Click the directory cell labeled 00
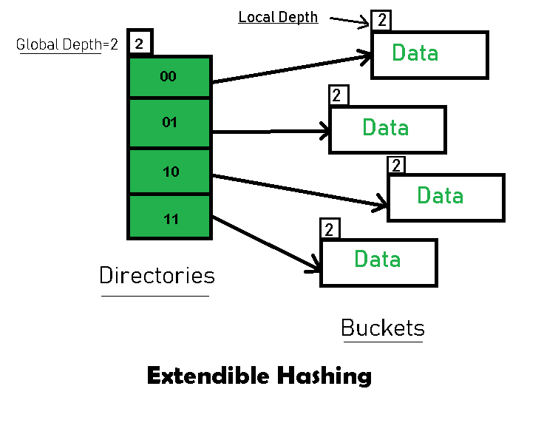coord(169,76)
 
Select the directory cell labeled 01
coord(169,123)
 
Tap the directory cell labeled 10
coord(169,172)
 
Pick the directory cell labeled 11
coord(169,218)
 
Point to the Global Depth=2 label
coord(67,44)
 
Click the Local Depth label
coord(278,17)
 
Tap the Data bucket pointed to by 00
coord(429,54)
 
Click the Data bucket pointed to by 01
coord(387,129)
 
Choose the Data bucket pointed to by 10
coord(446,197)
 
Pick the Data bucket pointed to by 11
coord(378,261)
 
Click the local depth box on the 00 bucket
coord(381,20)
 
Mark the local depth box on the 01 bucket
coord(338,95)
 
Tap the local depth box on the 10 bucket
coord(397,165)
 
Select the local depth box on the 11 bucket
coord(329,229)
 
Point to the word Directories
coord(157,276)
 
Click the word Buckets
coord(383,328)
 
